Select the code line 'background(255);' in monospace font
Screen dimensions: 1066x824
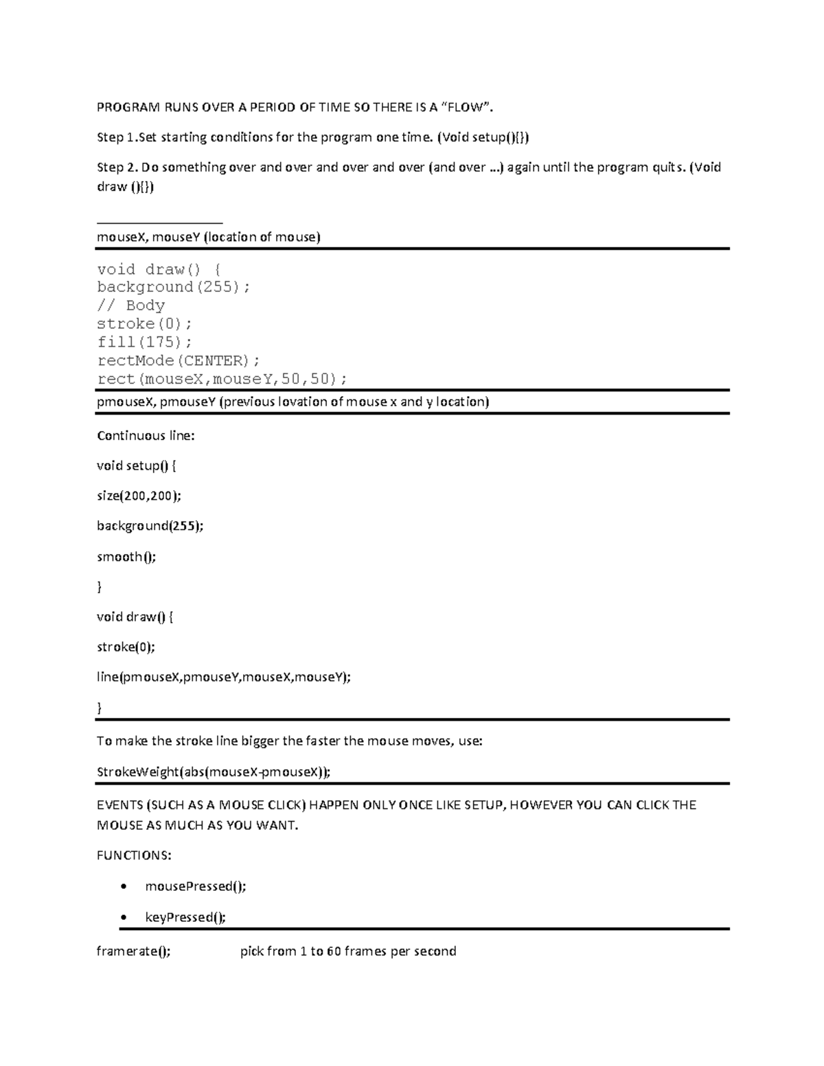(x=174, y=287)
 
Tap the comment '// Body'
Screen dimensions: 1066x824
(x=130, y=305)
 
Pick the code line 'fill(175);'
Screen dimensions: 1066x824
(x=144, y=342)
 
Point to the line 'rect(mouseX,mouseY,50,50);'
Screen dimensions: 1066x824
(x=222, y=379)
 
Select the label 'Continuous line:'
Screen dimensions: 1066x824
(x=146, y=436)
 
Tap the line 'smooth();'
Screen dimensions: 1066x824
(x=126, y=557)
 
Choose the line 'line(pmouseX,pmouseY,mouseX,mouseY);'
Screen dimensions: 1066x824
(x=223, y=677)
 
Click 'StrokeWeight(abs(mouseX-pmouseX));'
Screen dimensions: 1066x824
(x=213, y=772)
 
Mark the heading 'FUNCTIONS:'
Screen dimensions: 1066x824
(x=134, y=855)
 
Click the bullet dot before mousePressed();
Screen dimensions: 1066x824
(x=123, y=887)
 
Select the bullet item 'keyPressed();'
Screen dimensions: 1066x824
(x=185, y=918)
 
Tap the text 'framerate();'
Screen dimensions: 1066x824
(x=133, y=951)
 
